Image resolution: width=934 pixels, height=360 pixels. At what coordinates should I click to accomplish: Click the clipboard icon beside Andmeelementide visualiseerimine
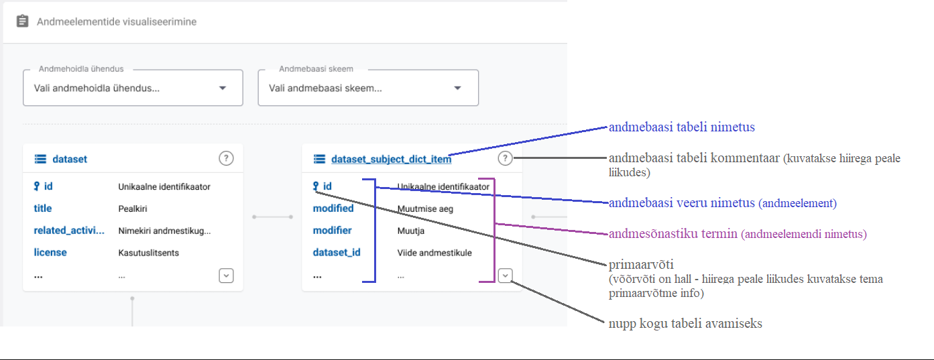click(x=22, y=21)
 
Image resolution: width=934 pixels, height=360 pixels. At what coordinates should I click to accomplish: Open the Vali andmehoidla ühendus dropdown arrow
click(x=223, y=88)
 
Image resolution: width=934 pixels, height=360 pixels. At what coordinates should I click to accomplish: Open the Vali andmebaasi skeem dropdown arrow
click(x=457, y=88)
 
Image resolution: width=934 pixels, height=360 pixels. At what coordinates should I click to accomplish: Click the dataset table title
click(x=70, y=159)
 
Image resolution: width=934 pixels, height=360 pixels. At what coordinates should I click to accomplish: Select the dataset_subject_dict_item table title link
click(x=391, y=159)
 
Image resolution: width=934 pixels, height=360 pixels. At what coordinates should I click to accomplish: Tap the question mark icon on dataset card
click(x=226, y=158)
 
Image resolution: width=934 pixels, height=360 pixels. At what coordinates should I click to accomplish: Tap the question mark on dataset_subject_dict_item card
click(x=505, y=158)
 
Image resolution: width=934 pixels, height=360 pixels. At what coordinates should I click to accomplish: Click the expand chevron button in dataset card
click(x=226, y=275)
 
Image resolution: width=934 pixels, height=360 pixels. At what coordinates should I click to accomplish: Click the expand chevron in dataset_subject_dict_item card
click(x=505, y=275)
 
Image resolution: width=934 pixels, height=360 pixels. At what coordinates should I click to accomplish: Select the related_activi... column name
click(x=69, y=231)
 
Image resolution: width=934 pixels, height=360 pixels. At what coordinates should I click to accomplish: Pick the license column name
click(x=50, y=253)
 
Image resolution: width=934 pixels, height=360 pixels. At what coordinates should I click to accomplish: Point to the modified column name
click(x=333, y=208)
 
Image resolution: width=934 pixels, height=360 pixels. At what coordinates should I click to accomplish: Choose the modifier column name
click(x=332, y=231)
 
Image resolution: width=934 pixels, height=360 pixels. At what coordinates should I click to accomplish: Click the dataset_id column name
click(x=337, y=253)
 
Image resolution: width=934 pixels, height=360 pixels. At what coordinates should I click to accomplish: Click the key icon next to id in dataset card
click(x=37, y=186)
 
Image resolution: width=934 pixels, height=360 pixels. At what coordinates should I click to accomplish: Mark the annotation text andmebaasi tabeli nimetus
click(x=681, y=127)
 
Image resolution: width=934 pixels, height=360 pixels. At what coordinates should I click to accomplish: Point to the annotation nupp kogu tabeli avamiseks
click(x=685, y=324)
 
